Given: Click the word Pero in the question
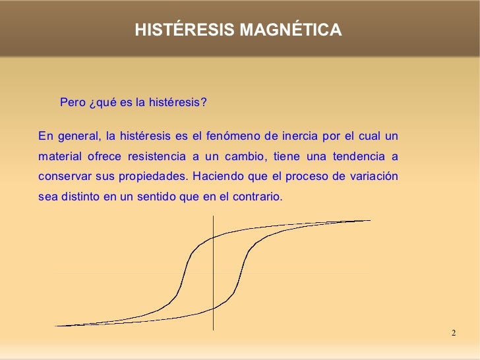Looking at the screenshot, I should pyautogui.click(x=73, y=103).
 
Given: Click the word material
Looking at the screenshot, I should pyautogui.click(x=57, y=157).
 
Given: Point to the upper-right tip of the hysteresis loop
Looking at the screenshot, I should pyautogui.click(x=369, y=220).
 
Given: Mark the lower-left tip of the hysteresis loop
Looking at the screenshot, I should pyautogui.click(x=57, y=326).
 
